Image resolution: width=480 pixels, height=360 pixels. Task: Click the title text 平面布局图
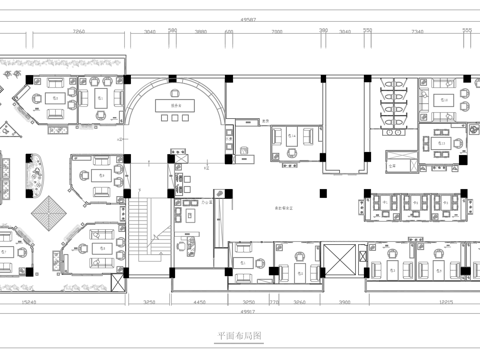click(239, 338)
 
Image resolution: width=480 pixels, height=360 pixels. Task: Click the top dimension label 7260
click(81, 31)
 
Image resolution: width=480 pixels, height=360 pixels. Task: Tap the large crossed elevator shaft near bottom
click(340, 261)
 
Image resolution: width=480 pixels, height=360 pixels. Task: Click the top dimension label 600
click(230, 31)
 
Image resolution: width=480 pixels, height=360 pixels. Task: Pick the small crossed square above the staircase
click(181, 158)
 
